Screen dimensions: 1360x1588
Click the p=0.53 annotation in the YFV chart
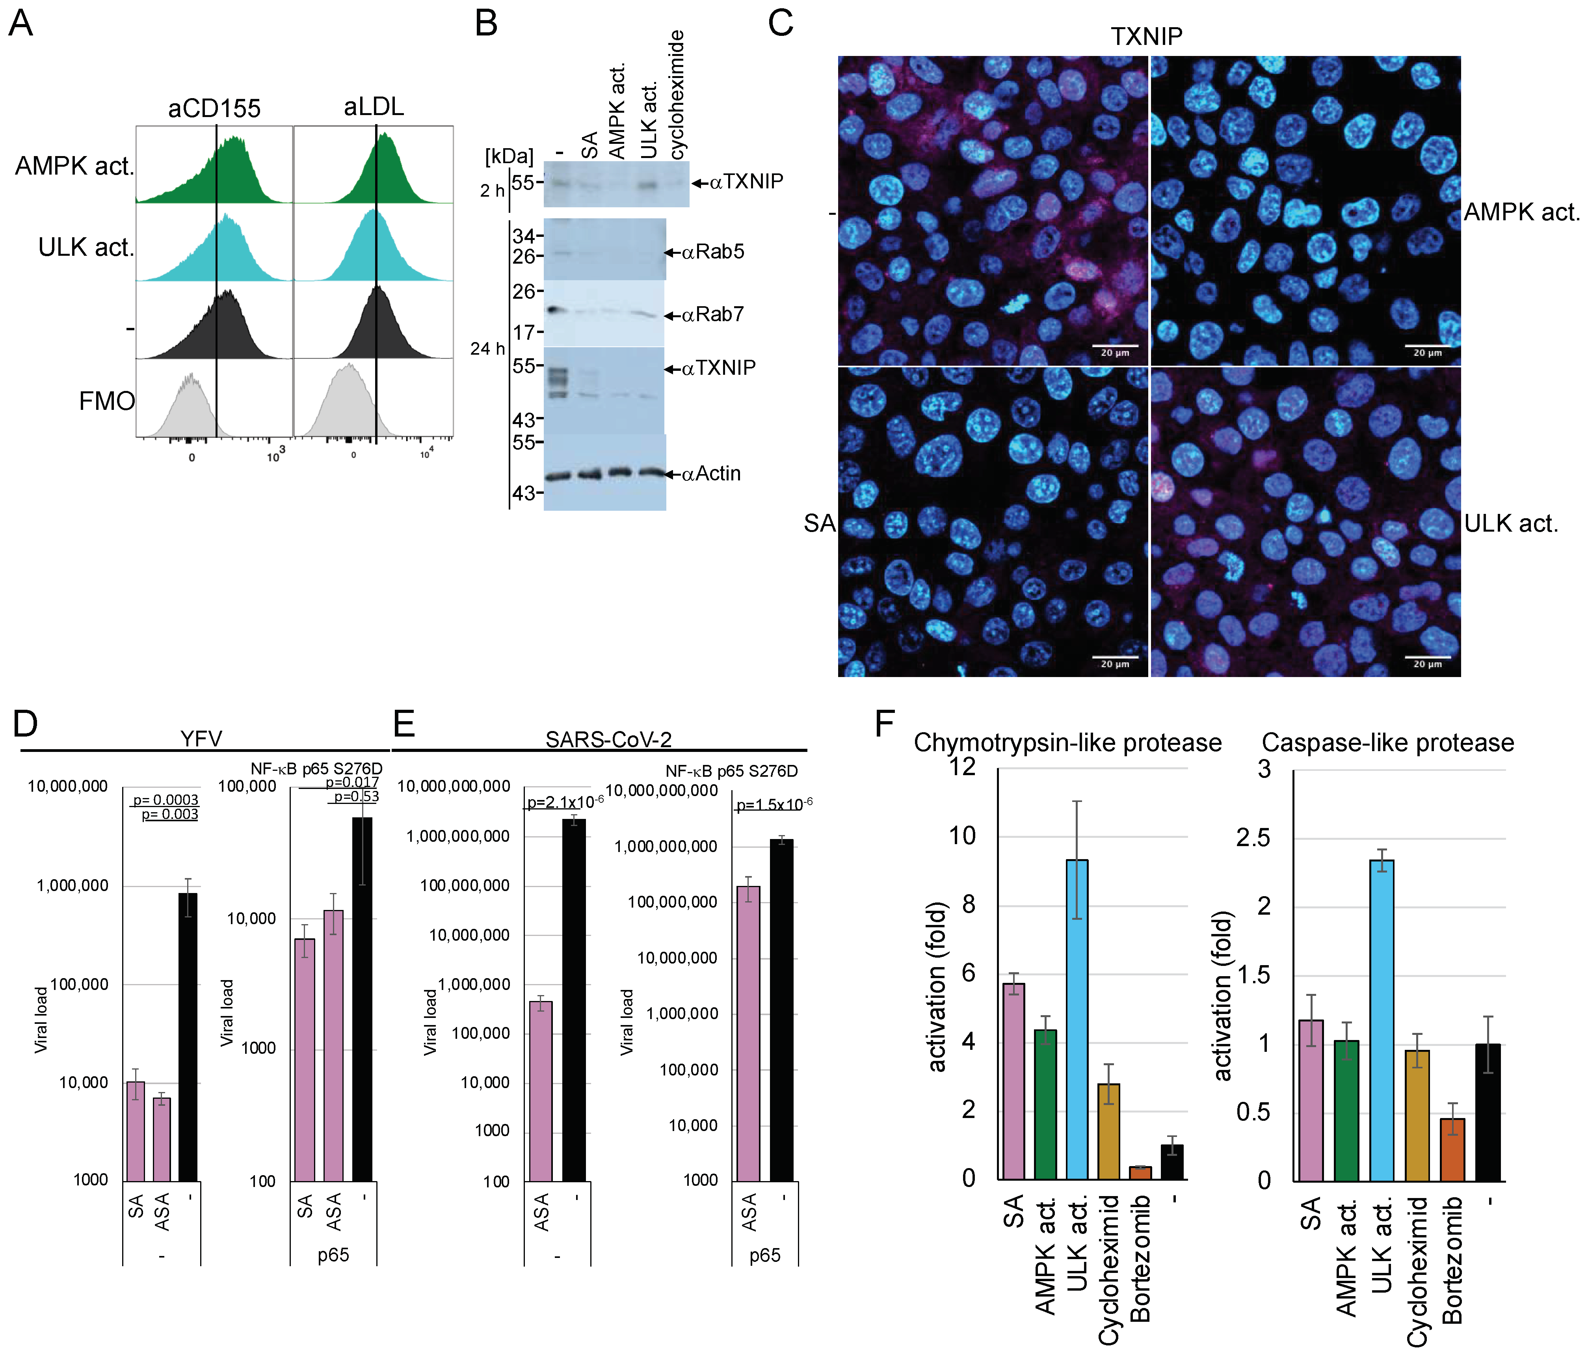click(356, 796)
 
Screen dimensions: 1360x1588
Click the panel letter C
click(780, 23)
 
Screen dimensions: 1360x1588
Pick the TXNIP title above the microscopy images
click(1147, 36)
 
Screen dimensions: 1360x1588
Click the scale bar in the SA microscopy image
click(1114, 657)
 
